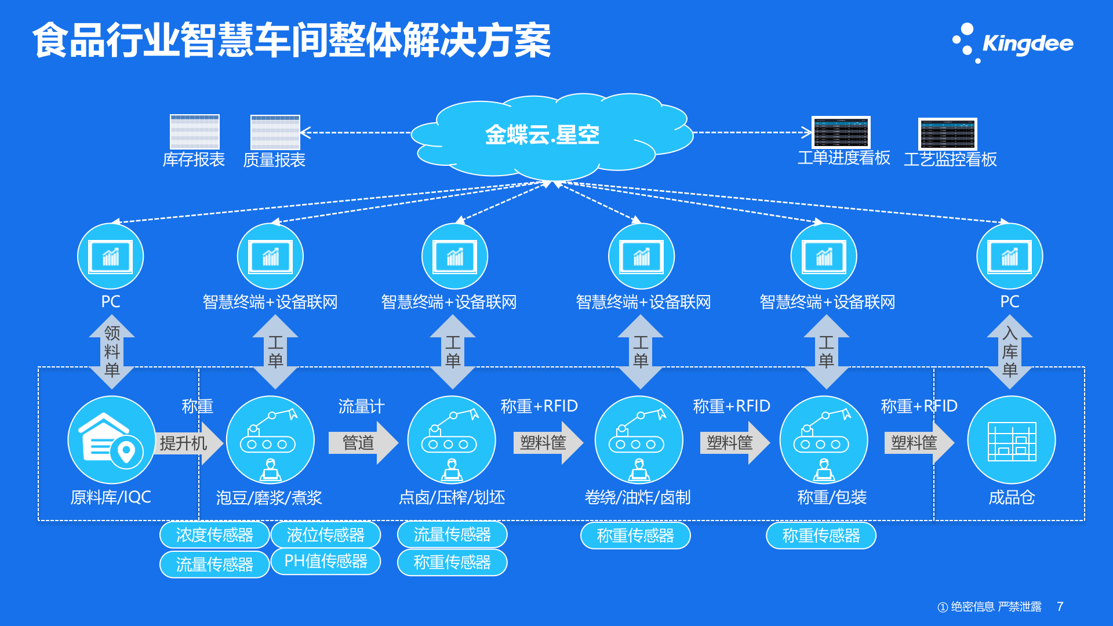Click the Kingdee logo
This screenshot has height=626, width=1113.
point(1013,43)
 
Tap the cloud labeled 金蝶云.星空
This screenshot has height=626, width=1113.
point(542,134)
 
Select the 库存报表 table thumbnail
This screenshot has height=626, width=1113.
point(194,132)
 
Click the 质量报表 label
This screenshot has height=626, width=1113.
point(274,159)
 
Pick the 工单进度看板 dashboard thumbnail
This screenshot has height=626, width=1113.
point(841,132)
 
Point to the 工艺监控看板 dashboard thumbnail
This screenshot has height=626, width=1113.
point(947,134)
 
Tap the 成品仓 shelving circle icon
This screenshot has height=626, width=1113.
point(1011,439)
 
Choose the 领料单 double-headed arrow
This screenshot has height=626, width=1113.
point(112,351)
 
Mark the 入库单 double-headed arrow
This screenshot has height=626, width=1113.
point(1009,351)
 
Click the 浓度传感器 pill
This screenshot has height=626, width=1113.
point(214,534)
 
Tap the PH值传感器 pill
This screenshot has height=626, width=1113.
point(326,561)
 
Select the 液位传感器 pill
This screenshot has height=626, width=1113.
point(326,534)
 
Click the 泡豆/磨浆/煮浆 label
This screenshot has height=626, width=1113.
point(269,497)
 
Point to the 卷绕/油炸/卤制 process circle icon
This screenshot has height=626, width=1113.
point(639,439)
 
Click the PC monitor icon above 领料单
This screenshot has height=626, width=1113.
point(110,256)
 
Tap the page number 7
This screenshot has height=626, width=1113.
point(1060,606)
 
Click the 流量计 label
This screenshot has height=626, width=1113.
point(361,406)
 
